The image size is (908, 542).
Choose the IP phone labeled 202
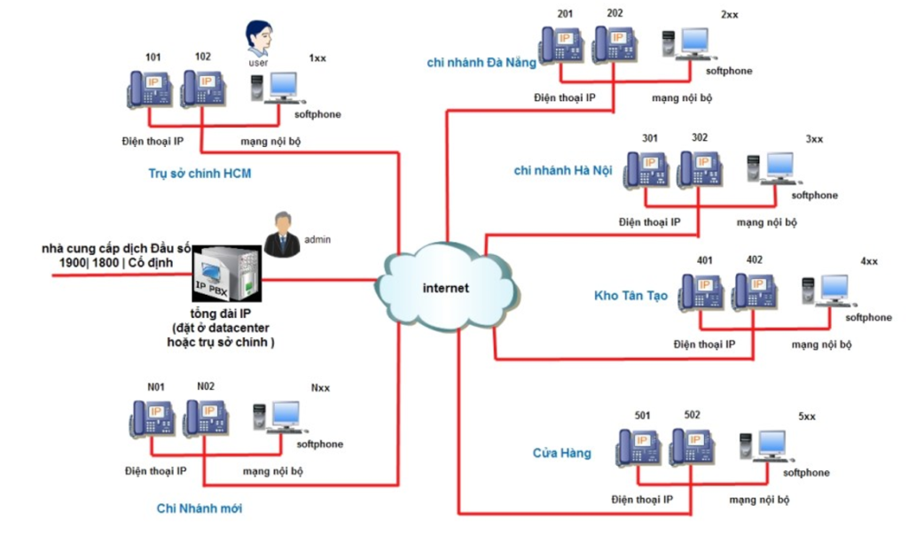614,43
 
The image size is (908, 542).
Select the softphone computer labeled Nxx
275,417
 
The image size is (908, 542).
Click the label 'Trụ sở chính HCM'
200,174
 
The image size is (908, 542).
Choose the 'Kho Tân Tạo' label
630,296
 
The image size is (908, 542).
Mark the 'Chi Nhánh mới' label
200,508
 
